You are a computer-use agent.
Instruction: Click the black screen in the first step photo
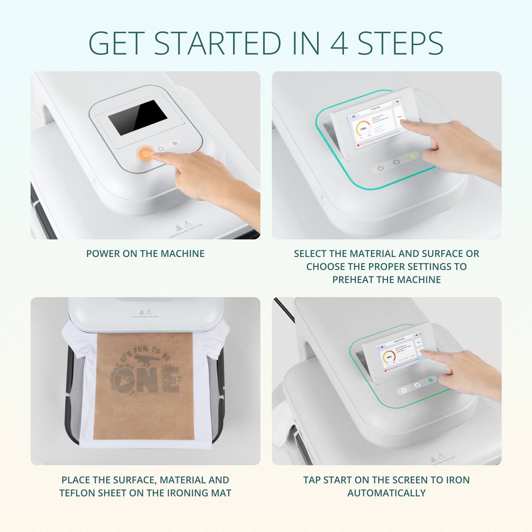(138, 117)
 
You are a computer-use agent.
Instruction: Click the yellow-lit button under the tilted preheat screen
(412, 156)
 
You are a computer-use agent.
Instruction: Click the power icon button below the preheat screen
(381, 168)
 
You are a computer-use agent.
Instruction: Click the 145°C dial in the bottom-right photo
(389, 357)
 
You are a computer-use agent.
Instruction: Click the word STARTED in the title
(217, 44)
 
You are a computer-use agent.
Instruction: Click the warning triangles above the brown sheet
(145, 312)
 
